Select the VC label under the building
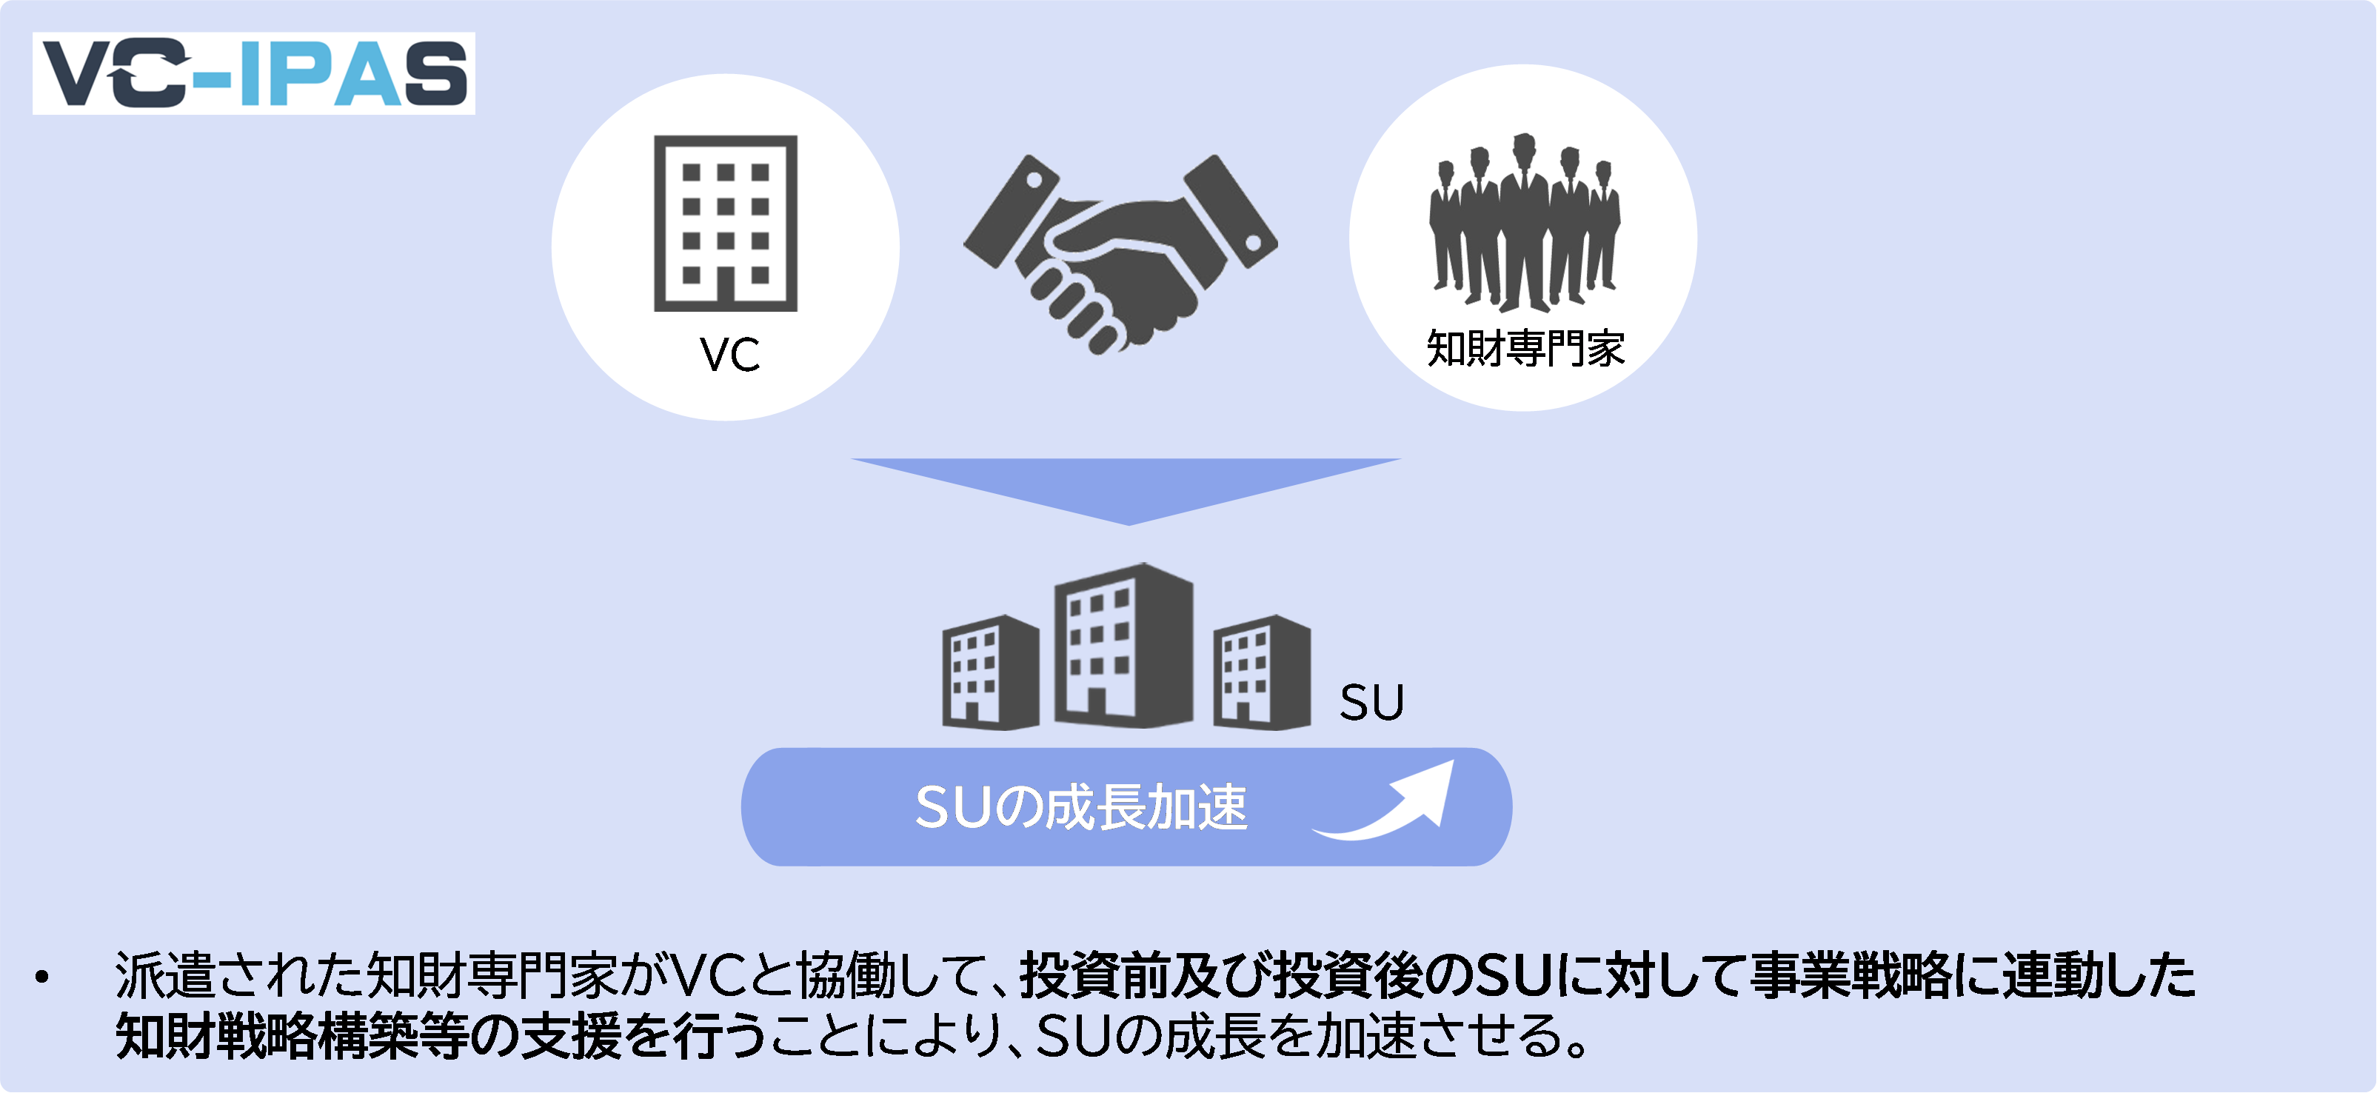point(729,355)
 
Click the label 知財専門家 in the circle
point(1525,349)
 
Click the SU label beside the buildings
point(1371,703)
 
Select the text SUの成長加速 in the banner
point(1080,807)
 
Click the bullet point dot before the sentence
point(41,977)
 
